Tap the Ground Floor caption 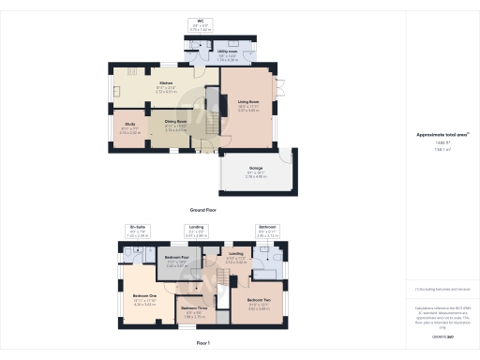[203, 210]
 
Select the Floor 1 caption [203, 344]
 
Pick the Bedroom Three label [194, 310]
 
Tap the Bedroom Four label [177, 260]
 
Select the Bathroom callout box [267, 230]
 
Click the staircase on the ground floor [212, 123]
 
